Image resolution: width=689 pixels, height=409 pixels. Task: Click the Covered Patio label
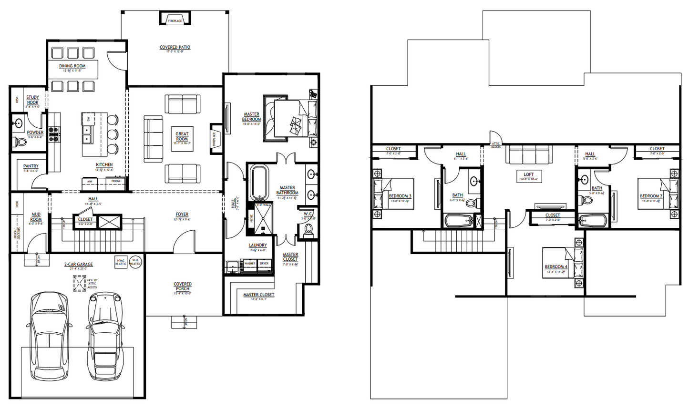(175, 48)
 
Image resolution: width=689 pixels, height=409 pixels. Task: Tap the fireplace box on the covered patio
(175, 19)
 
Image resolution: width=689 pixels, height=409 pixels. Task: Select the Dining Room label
(72, 66)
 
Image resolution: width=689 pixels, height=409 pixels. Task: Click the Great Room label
(182, 136)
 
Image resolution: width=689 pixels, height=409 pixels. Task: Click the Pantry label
(31, 166)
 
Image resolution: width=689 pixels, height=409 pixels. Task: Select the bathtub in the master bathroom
(260, 182)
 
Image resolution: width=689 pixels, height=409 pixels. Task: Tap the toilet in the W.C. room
(309, 229)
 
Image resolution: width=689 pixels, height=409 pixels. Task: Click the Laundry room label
(257, 245)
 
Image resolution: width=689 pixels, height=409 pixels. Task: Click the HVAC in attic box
(121, 262)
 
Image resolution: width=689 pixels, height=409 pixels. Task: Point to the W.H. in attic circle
(136, 262)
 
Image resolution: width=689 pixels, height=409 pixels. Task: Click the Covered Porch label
(183, 286)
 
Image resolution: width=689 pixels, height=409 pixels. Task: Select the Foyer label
(182, 215)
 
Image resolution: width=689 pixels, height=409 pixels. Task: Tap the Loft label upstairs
(529, 174)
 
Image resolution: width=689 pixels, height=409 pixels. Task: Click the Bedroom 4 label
(556, 267)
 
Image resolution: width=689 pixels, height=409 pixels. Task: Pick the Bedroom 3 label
(400, 196)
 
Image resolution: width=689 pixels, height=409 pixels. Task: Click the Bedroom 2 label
(651, 196)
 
